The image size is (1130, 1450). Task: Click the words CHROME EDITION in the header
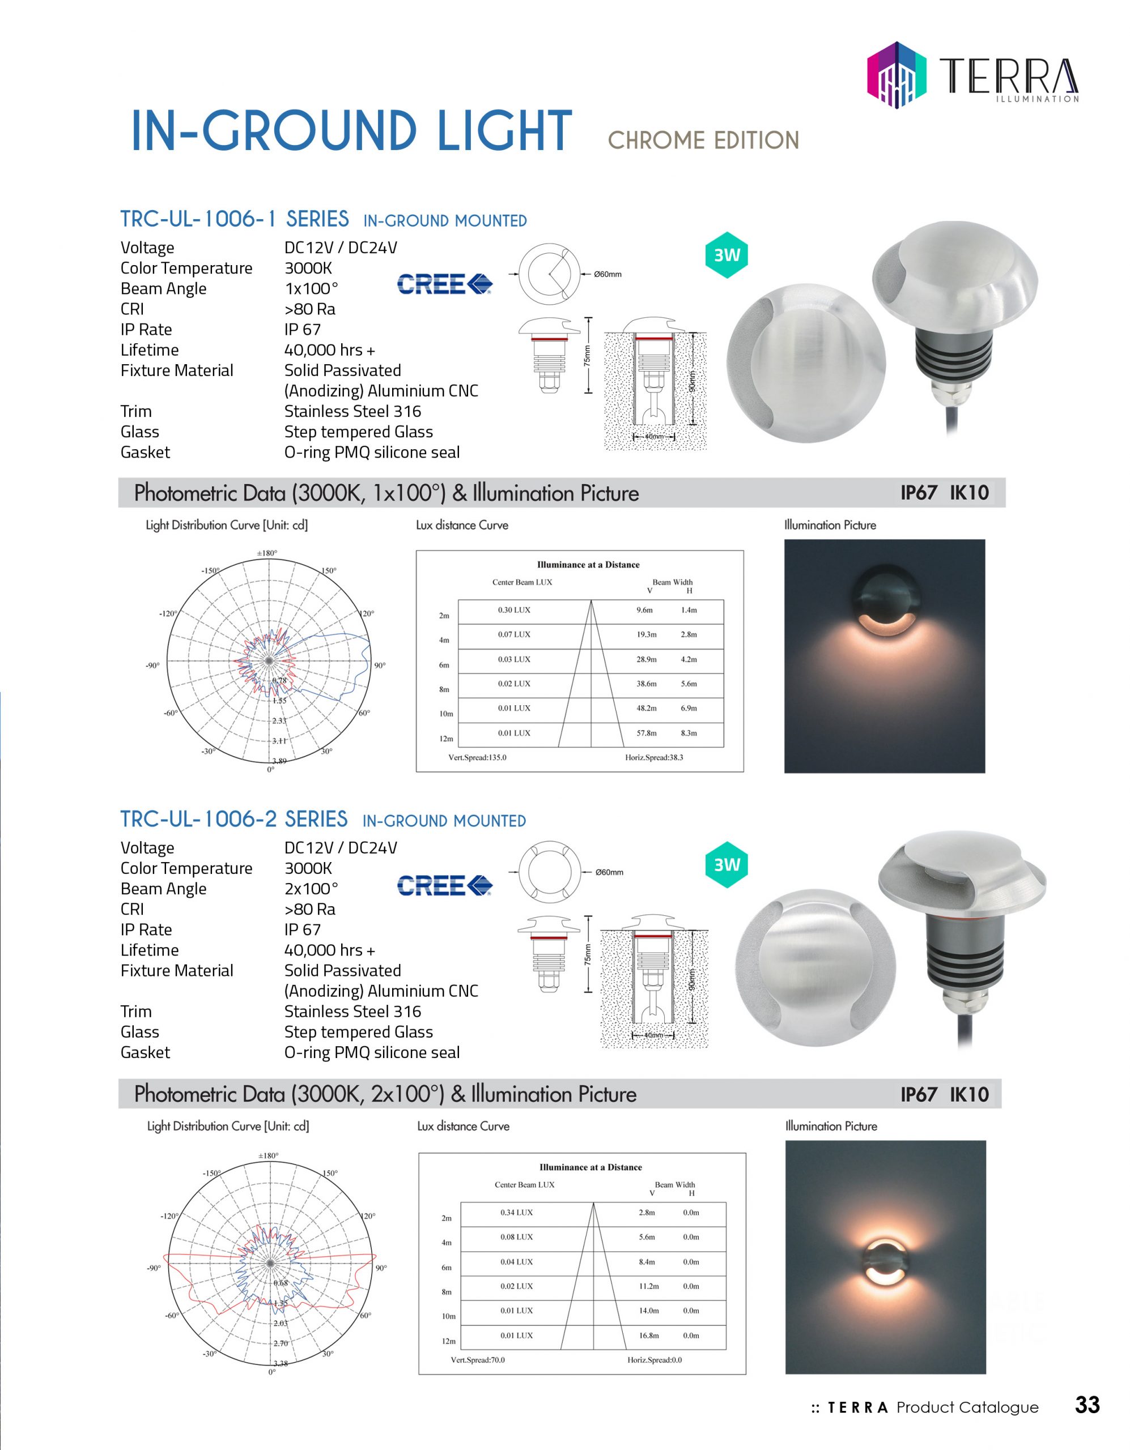[x=703, y=140]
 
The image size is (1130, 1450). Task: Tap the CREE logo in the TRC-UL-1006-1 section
[x=444, y=284]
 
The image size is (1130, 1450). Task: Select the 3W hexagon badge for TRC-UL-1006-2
[x=727, y=864]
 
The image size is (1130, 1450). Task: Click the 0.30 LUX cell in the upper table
[x=514, y=610]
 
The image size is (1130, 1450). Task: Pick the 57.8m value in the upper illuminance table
[x=647, y=733]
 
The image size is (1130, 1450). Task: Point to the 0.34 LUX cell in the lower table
[x=516, y=1212]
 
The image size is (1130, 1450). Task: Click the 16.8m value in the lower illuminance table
[x=649, y=1335]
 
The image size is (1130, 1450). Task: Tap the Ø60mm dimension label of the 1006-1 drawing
[x=607, y=274]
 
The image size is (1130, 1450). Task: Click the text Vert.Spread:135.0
[x=477, y=757]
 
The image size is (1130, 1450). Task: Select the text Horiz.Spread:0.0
[x=655, y=1360]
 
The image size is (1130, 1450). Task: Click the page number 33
[x=1087, y=1405]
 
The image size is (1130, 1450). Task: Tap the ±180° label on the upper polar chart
[x=267, y=553]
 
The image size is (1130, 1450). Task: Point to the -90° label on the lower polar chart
[x=154, y=1268]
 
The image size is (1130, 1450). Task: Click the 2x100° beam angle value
[x=311, y=889]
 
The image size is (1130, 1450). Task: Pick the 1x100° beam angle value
[x=311, y=289]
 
